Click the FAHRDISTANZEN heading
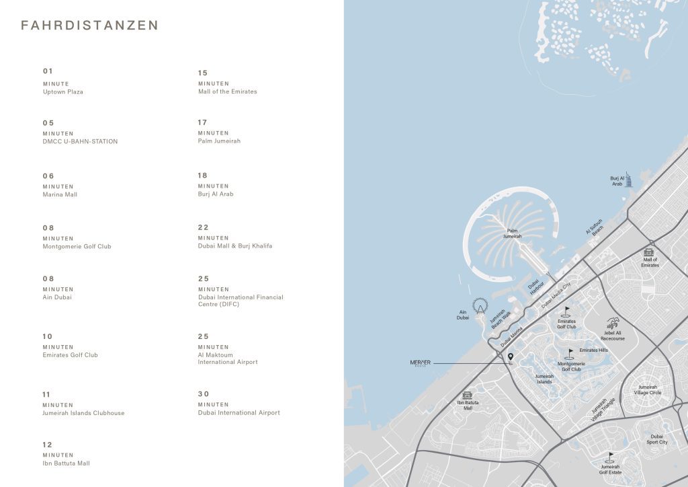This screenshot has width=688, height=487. (90, 26)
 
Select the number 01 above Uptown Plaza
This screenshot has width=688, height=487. (48, 71)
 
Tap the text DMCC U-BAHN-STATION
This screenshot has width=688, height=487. (80, 141)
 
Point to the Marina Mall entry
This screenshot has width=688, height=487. (60, 194)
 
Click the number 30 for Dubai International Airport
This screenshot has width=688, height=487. (204, 394)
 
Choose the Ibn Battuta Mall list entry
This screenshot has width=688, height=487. (66, 463)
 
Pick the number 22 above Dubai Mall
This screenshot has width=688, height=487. (204, 227)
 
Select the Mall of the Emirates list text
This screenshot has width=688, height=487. (227, 91)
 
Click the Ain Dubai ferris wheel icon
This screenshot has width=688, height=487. (480, 306)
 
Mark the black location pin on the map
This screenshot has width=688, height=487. (511, 357)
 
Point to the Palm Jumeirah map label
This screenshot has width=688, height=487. (513, 233)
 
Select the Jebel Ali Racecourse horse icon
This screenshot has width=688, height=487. (613, 324)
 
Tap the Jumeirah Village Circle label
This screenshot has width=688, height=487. (648, 389)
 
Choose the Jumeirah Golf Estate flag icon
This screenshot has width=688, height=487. (611, 456)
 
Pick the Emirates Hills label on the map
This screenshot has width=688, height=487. (593, 350)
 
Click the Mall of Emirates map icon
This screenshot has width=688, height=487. (649, 251)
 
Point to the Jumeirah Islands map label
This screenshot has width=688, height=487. (544, 379)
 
